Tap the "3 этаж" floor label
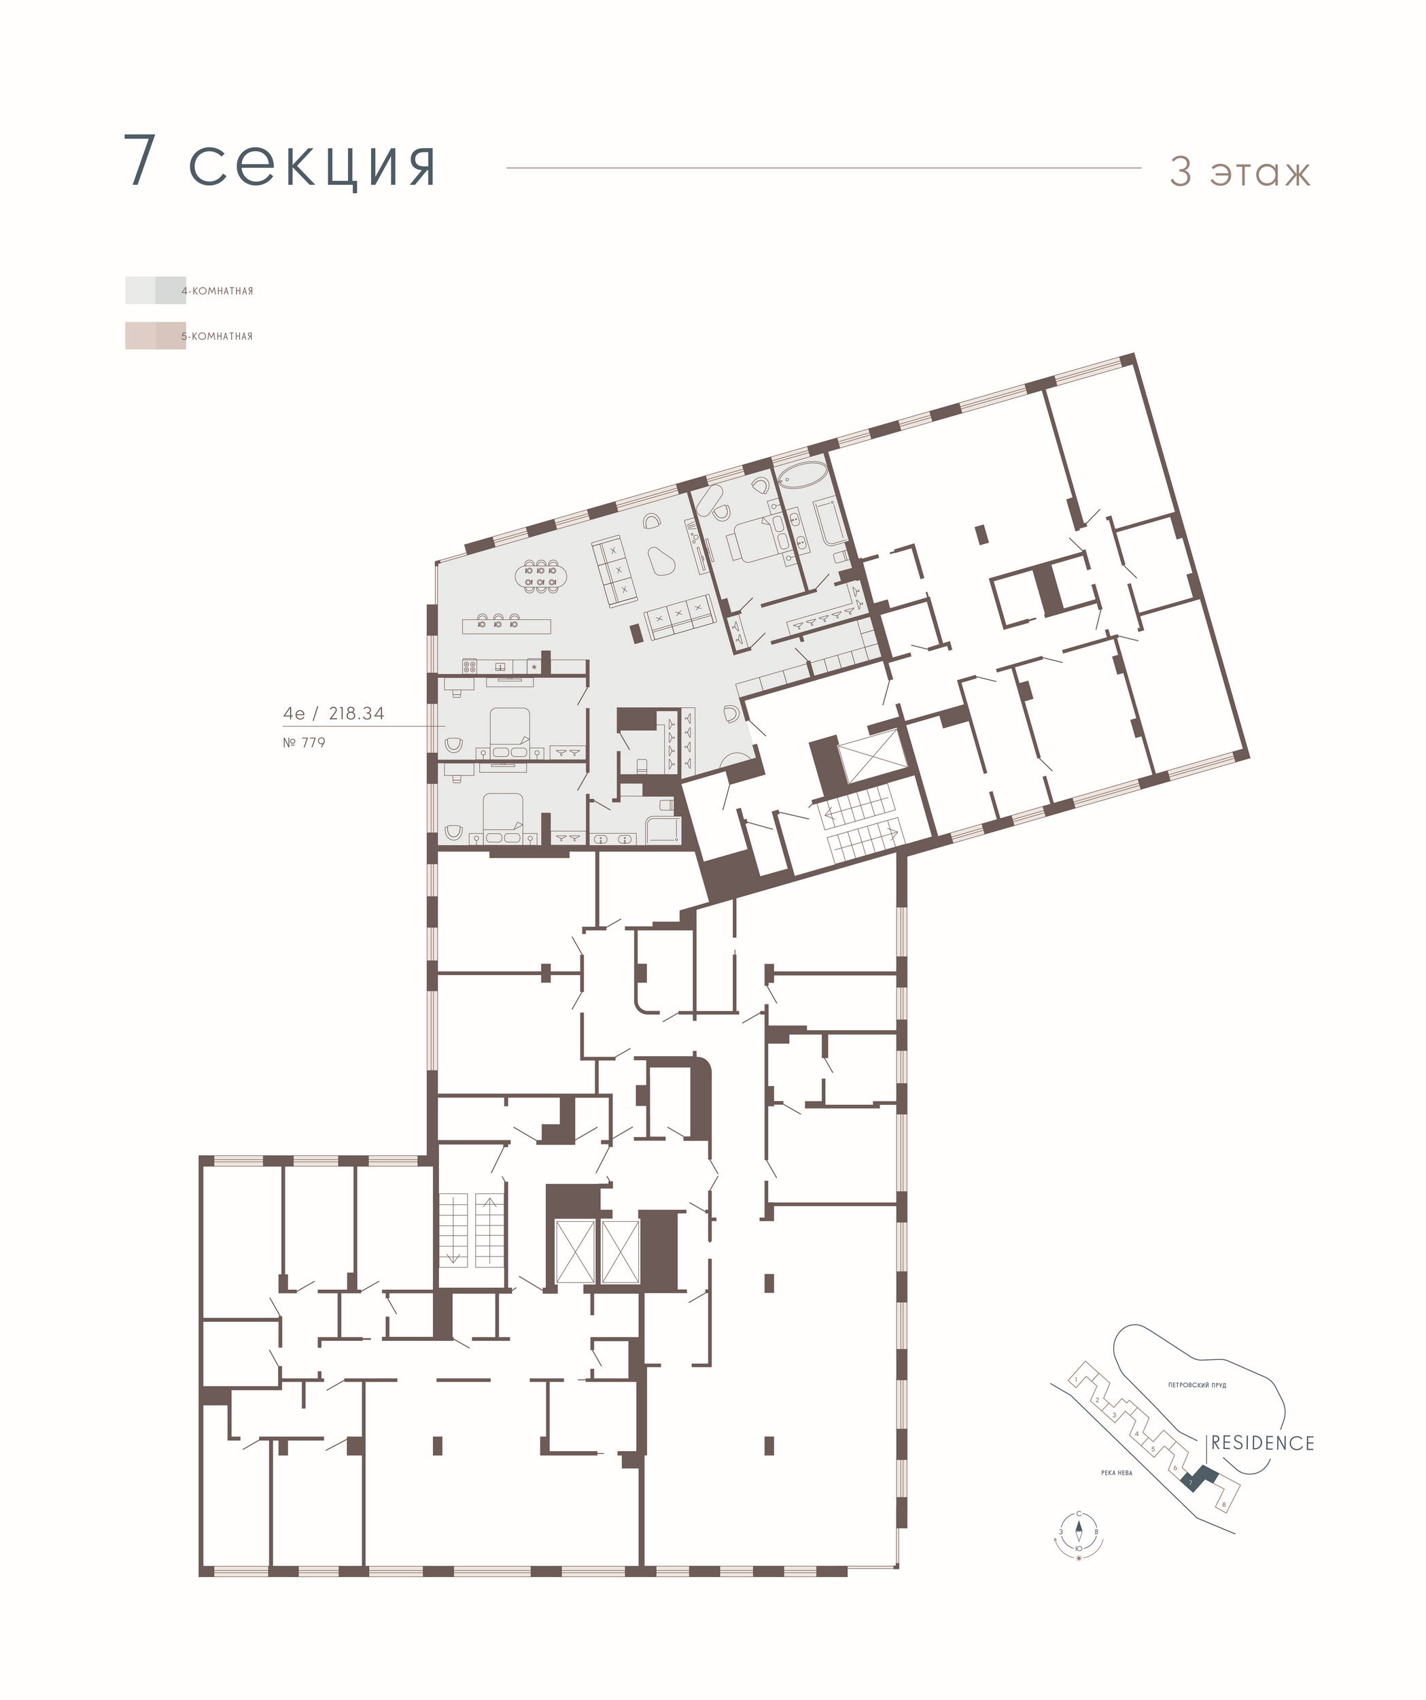1240,171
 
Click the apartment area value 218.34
356,713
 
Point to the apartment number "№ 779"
305,743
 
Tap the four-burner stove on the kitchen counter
471,666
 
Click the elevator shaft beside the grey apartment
870,756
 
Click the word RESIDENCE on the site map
1262,1442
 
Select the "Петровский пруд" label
1197,1385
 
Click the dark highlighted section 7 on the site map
1198,1478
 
